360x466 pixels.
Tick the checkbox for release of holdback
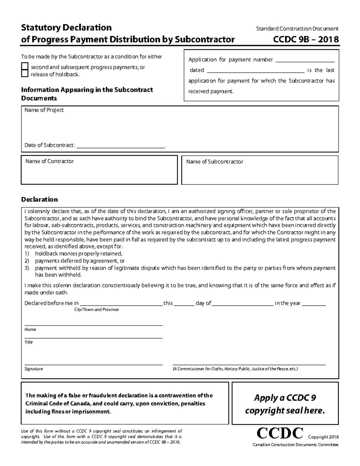tap(25, 74)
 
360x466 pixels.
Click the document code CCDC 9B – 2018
tap(306, 39)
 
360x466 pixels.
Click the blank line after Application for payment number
tap(305, 60)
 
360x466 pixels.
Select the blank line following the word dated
tap(256, 71)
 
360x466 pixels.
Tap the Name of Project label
tap(44, 110)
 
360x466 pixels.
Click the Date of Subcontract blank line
tap(121, 146)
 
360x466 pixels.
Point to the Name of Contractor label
tap(49, 161)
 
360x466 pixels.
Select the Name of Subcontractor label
tap(214, 162)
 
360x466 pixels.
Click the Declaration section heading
tap(39, 200)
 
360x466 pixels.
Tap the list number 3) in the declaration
tap(27, 268)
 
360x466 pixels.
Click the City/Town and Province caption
tap(96, 310)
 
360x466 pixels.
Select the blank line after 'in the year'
tap(313, 303)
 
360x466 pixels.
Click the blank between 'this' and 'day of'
tap(184, 303)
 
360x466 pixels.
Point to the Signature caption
tap(34, 369)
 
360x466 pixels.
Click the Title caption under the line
tap(28, 342)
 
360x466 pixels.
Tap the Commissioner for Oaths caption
tap(235, 369)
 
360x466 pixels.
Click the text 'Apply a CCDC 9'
tap(285, 398)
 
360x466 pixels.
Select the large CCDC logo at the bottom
tap(280, 433)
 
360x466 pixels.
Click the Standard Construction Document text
tap(297, 29)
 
